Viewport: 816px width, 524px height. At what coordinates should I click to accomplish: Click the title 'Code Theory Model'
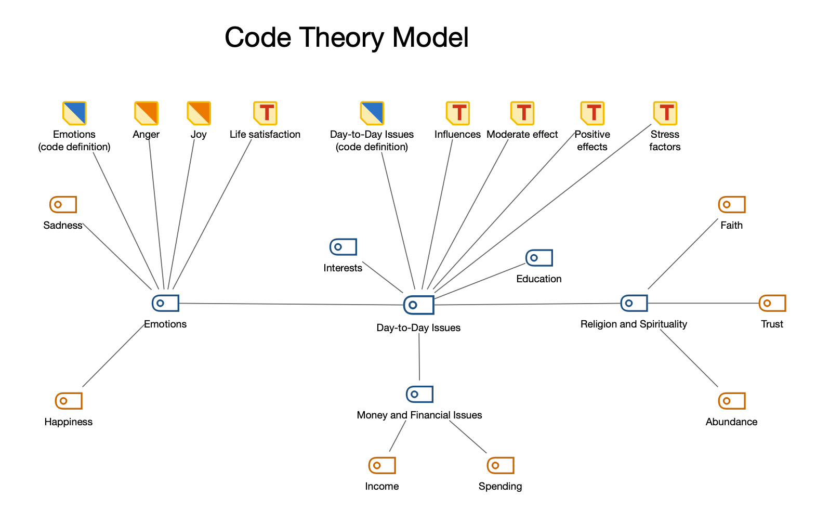pos(347,37)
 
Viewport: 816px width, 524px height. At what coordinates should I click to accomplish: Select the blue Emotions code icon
pos(165,303)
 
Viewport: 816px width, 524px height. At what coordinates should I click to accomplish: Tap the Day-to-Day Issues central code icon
pos(418,305)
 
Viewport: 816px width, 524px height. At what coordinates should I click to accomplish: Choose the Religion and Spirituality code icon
pos(634,303)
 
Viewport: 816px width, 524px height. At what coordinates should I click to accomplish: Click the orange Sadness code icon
pos(63,205)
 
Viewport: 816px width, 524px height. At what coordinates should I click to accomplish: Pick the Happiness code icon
pos(69,401)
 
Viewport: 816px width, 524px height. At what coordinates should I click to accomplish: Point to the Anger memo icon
pos(146,113)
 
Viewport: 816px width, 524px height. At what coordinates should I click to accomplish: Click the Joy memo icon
pos(199,113)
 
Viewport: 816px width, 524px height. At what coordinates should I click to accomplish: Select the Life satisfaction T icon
pos(265,113)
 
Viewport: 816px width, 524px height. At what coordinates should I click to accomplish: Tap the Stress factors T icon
pos(665,113)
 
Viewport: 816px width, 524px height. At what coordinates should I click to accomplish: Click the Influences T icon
pos(457,113)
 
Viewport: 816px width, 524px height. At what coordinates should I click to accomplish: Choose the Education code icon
pos(539,258)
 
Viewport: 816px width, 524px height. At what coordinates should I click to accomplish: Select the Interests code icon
pos(343,247)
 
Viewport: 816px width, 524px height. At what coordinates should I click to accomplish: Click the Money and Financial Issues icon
pos(419,394)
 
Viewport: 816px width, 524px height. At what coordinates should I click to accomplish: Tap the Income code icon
pos(382,465)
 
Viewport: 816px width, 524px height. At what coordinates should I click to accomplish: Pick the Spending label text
pos(500,487)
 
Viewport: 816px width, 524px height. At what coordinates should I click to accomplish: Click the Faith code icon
pos(731,205)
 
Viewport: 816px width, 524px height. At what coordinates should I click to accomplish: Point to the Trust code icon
pos(772,303)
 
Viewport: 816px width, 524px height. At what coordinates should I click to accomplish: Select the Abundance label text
pos(731,422)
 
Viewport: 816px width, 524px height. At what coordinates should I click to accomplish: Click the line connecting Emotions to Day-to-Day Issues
pos(291,304)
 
